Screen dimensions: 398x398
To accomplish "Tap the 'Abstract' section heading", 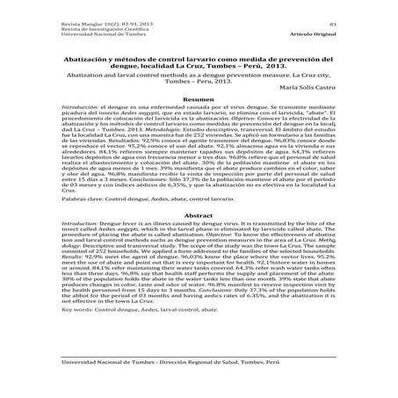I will [x=199, y=239].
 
